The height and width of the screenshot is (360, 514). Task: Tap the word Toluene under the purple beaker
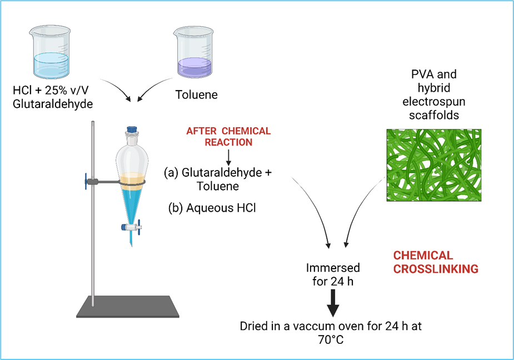(196, 95)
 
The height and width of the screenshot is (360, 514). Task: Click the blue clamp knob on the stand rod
(87, 181)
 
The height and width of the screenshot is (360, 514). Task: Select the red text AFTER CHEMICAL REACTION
(228, 137)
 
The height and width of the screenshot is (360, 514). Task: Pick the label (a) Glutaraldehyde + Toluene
(218, 179)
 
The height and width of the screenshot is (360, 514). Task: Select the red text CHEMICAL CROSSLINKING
(436, 262)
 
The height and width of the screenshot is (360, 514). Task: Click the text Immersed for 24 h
(333, 274)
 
